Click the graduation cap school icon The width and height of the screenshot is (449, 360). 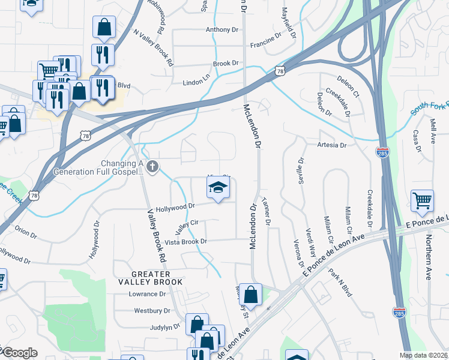218,188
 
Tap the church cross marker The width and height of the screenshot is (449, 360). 153,167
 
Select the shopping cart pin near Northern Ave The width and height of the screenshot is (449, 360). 423,202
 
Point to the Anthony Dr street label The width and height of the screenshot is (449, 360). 218,29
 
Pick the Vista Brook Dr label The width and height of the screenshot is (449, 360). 185,241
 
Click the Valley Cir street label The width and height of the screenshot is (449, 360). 186,227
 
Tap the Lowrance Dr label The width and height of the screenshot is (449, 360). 147,294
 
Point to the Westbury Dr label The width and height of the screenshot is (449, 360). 148,311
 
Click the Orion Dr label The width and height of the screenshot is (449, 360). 25,232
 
